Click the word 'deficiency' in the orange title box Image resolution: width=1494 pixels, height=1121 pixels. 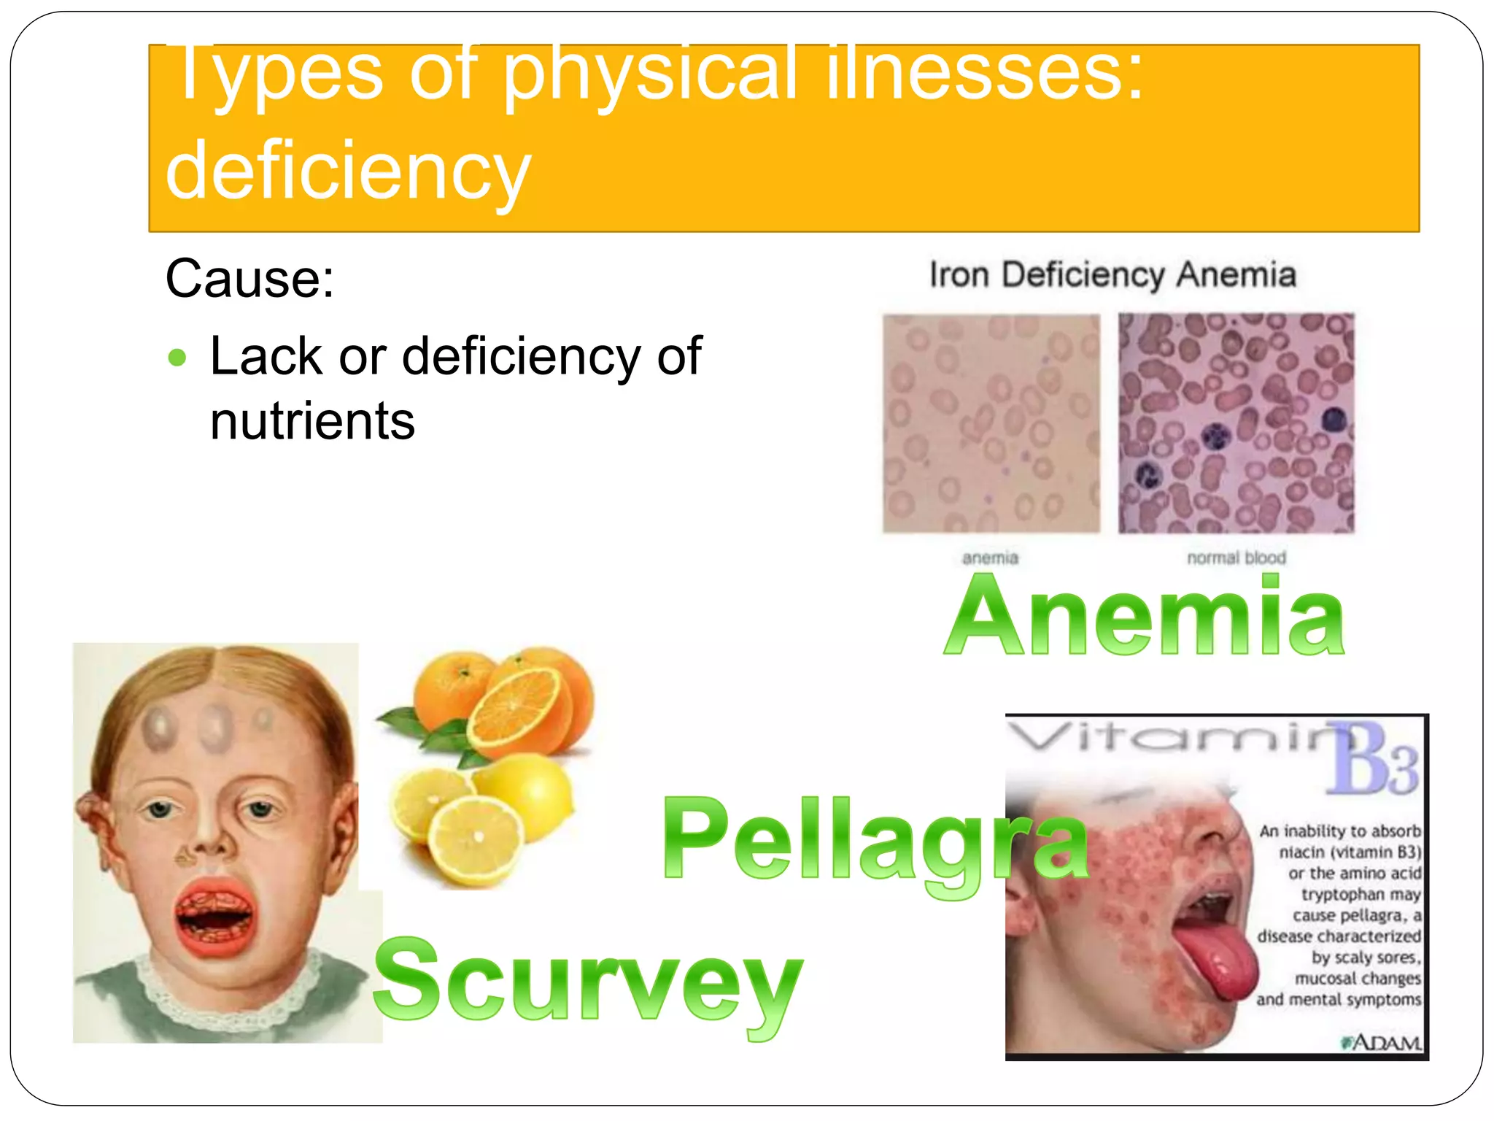(x=348, y=172)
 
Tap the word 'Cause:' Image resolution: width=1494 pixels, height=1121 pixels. (x=249, y=279)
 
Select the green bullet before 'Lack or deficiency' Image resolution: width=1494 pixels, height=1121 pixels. (x=177, y=358)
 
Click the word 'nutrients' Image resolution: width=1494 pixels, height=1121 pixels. (x=312, y=421)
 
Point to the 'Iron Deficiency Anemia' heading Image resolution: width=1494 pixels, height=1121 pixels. (x=1112, y=275)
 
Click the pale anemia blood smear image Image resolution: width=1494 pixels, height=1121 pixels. (x=991, y=423)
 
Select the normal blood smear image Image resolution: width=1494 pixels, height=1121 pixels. (x=1236, y=423)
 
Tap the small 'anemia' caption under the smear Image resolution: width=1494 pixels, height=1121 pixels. (x=990, y=558)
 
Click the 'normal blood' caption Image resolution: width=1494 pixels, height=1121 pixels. (x=1236, y=558)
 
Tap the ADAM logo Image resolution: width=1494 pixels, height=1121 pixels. (x=1382, y=1042)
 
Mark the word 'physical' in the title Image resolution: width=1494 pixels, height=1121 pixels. (x=649, y=73)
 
